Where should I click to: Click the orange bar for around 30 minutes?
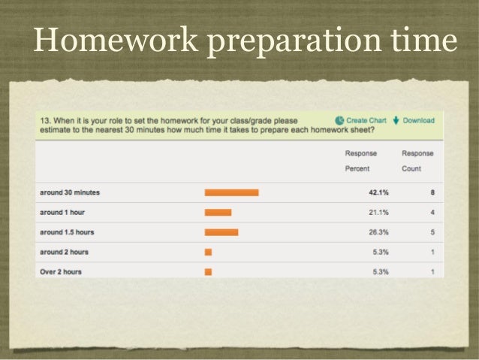pyautogui.click(x=231, y=192)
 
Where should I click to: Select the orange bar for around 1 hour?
pyautogui.click(x=218, y=213)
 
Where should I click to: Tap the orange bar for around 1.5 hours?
pyautogui.click(x=221, y=232)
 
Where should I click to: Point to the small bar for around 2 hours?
pyautogui.click(x=208, y=252)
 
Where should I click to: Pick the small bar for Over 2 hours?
pyautogui.click(x=208, y=271)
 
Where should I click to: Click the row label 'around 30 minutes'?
pyautogui.click(x=70, y=192)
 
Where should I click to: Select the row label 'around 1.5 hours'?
pyautogui.click(x=68, y=232)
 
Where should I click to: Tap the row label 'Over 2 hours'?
pyautogui.click(x=62, y=271)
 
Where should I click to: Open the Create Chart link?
pyautogui.click(x=366, y=120)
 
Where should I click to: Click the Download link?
pyautogui.click(x=418, y=120)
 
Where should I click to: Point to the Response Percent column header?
pyautogui.click(x=360, y=160)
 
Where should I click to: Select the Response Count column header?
pyautogui.click(x=417, y=160)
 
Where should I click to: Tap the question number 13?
pyautogui.click(x=44, y=120)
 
